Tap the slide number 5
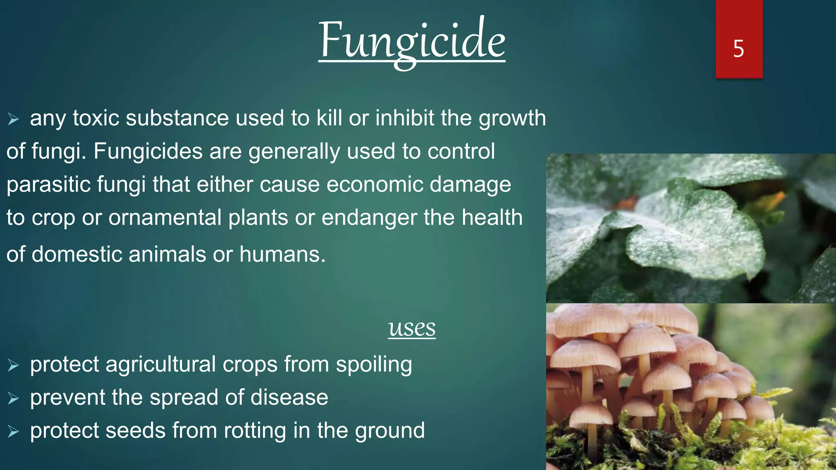tap(738, 49)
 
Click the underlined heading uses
tap(412, 328)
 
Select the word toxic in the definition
tap(96, 118)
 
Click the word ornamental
tap(165, 217)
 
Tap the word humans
tap(282, 255)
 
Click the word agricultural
tap(160, 364)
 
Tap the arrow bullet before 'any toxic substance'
tap(13, 120)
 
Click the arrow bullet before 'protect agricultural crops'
tap(13, 366)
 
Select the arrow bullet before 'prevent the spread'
tap(13, 399)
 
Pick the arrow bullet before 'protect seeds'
tap(13, 432)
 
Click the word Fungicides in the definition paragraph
tap(148, 151)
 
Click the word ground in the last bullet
tap(390, 431)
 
